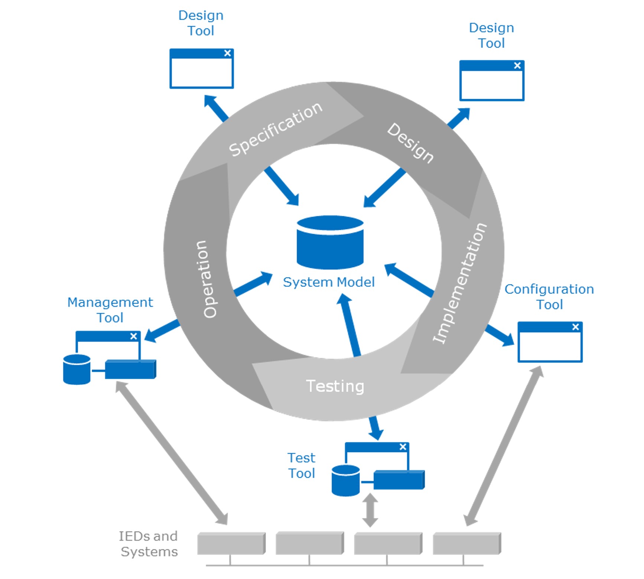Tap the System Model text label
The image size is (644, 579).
point(329,282)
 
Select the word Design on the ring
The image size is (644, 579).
point(410,143)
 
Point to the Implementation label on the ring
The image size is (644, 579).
point(460,283)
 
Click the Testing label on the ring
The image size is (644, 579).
point(335,386)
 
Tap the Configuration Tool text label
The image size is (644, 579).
point(549,297)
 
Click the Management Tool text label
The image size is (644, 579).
point(110,310)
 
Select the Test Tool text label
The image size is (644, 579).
point(301,465)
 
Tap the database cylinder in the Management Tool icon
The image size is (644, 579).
point(77,369)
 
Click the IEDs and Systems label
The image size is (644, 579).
point(149,544)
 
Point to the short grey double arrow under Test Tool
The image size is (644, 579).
point(370,510)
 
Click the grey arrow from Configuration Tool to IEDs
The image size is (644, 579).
point(504,446)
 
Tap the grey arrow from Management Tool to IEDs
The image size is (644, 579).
point(171,453)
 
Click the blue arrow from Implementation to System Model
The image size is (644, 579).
point(409,280)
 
